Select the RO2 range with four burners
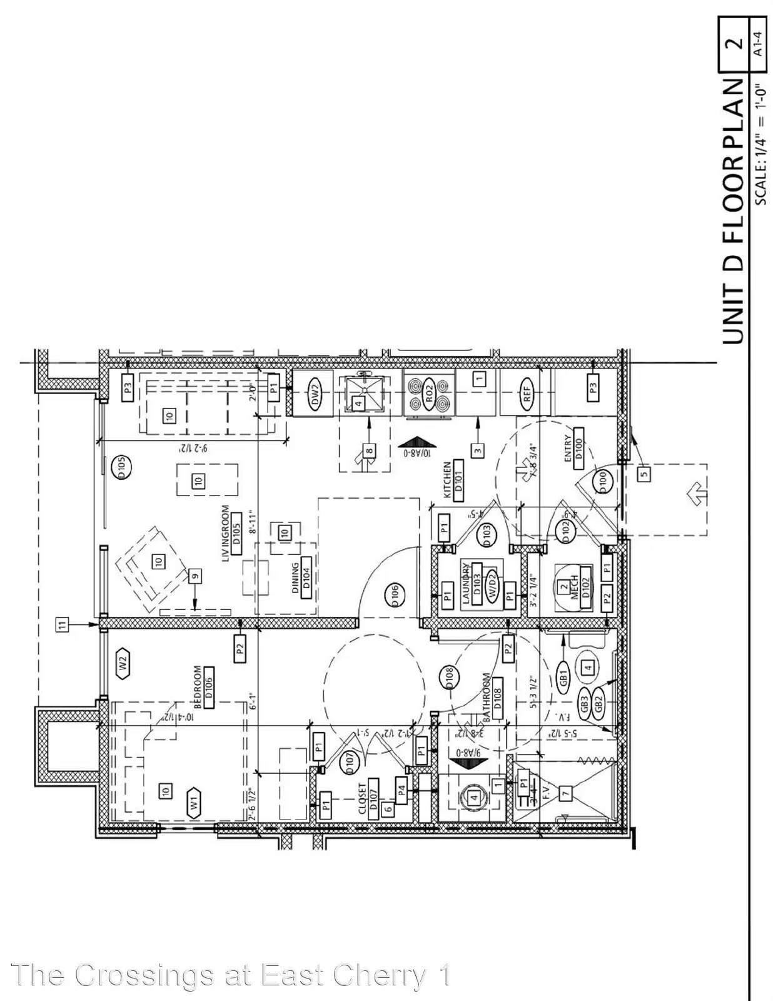(430, 394)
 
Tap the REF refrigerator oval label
(527, 394)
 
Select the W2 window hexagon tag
(123, 663)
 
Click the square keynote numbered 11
(62, 624)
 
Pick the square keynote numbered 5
(644, 474)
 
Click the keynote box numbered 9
(195, 576)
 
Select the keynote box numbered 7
(566, 793)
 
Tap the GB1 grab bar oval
(563, 678)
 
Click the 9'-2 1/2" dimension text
(185, 448)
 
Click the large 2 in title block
(735, 43)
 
